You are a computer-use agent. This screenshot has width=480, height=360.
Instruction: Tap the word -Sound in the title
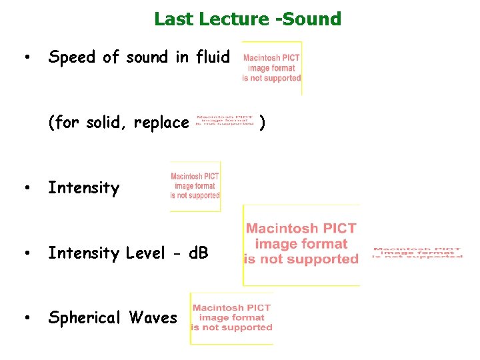click(x=308, y=19)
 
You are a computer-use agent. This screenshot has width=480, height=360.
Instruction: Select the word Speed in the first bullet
click(x=71, y=58)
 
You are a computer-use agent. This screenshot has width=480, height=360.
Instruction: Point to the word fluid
click(x=212, y=57)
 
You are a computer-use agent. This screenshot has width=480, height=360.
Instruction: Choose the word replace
click(x=161, y=123)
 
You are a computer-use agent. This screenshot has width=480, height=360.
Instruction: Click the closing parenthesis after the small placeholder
click(x=263, y=123)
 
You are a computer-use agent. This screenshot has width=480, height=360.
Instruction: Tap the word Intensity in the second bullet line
click(x=83, y=188)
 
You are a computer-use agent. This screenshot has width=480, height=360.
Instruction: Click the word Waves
click(x=153, y=317)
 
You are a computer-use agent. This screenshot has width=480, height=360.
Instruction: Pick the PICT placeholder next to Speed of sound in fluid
click(x=271, y=68)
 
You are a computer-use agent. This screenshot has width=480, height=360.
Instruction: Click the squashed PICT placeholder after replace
click(x=225, y=119)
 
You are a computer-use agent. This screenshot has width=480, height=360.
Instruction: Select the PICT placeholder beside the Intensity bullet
click(x=195, y=186)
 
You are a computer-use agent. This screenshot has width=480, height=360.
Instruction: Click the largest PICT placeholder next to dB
click(x=301, y=244)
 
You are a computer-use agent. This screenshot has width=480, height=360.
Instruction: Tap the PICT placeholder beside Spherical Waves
click(x=231, y=318)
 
